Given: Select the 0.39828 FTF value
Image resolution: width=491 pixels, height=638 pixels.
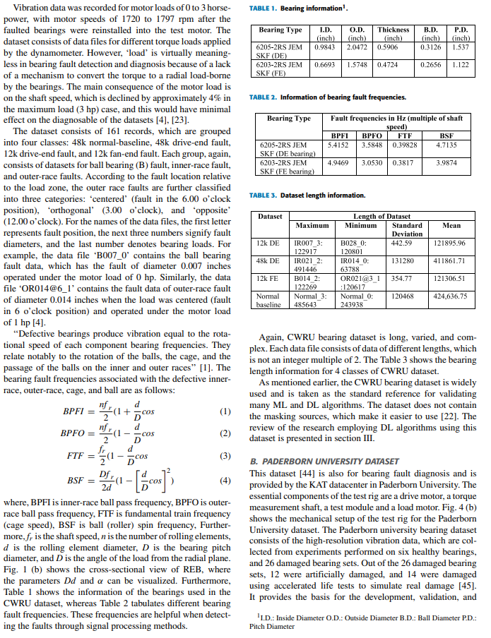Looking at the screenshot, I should pos(406,145).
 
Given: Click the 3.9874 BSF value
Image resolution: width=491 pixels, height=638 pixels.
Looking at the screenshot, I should pos(446,162).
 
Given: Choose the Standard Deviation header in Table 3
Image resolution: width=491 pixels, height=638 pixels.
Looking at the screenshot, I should pos(407,229).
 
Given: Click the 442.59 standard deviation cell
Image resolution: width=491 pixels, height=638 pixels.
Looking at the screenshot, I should pos(401,243).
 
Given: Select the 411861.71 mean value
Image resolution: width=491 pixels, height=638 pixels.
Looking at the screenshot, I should pos(452,260).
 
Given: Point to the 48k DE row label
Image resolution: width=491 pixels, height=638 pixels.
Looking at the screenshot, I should pos(268,260).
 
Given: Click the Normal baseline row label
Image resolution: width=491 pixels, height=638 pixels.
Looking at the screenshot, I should pos(268,301).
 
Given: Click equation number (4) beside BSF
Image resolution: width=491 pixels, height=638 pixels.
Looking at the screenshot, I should pos(225,480).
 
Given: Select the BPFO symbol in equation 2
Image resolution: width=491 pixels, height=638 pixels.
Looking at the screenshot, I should pos(73,432).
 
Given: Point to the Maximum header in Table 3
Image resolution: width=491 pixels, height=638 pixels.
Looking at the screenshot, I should pos(312,225).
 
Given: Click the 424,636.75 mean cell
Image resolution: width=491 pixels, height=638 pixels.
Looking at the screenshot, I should pos(451,296).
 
